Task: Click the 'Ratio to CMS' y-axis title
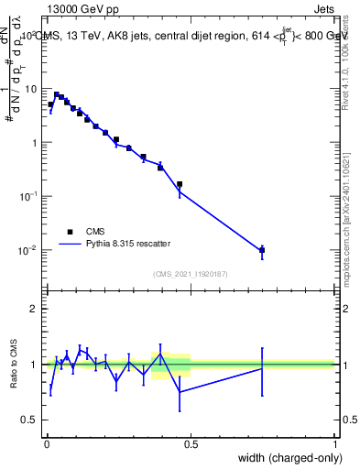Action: pyautogui.click(x=15, y=364)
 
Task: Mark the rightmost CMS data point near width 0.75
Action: pyautogui.click(x=262, y=250)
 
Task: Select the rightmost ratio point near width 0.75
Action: pyautogui.click(x=262, y=367)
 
